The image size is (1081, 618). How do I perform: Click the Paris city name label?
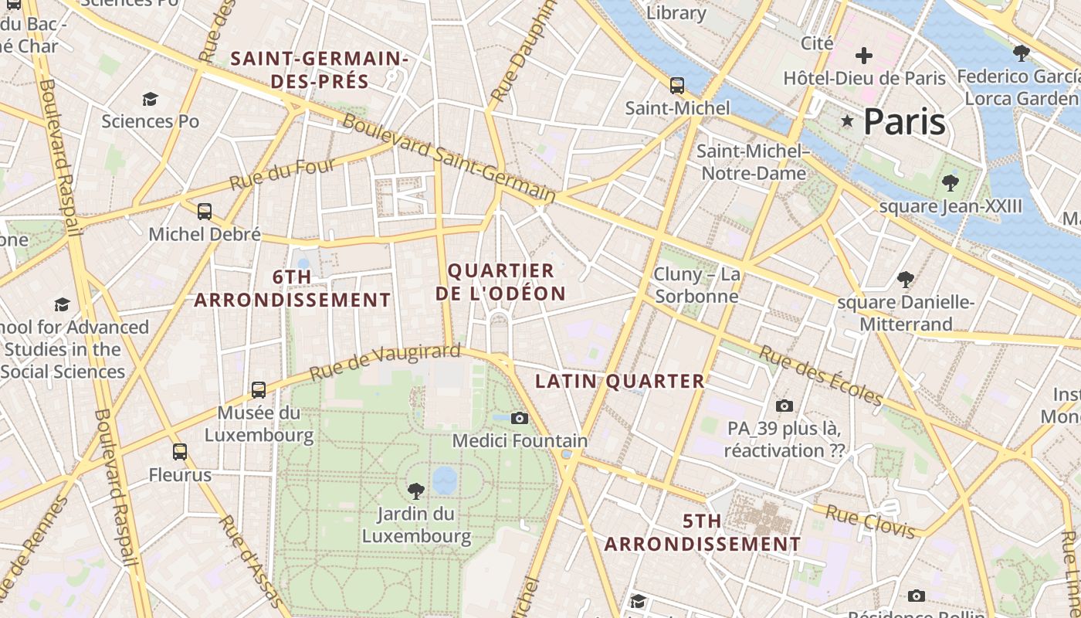click(x=904, y=121)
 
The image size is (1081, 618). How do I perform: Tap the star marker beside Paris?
click(x=847, y=121)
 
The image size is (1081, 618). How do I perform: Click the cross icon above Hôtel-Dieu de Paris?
click(x=864, y=56)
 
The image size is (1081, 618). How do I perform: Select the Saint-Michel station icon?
click(x=677, y=86)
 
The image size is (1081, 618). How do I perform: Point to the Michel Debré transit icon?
click(x=205, y=212)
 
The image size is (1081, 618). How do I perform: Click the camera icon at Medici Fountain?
click(x=520, y=418)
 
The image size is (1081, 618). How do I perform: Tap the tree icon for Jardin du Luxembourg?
click(x=416, y=491)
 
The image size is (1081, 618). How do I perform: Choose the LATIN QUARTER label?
click(x=620, y=381)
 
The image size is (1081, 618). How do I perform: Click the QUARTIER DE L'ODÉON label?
click(x=500, y=282)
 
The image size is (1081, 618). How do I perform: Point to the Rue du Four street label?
click(x=283, y=175)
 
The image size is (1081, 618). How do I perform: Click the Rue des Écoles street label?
click(x=821, y=375)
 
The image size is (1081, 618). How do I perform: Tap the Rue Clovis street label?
click(x=870, y=521)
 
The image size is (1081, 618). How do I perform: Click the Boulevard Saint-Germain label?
click(x=449, y=159)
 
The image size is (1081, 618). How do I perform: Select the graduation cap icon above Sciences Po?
click(x=150, y=100)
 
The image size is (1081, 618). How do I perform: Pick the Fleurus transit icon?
click(x=180, y=452)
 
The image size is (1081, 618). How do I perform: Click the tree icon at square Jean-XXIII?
click(x=950, y=183)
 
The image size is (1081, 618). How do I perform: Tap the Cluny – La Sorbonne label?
click(x=696, y=285)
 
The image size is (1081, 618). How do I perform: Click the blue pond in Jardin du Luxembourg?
click(x=445, y=480)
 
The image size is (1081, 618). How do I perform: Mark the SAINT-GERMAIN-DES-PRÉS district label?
click(x=320, y=70)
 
